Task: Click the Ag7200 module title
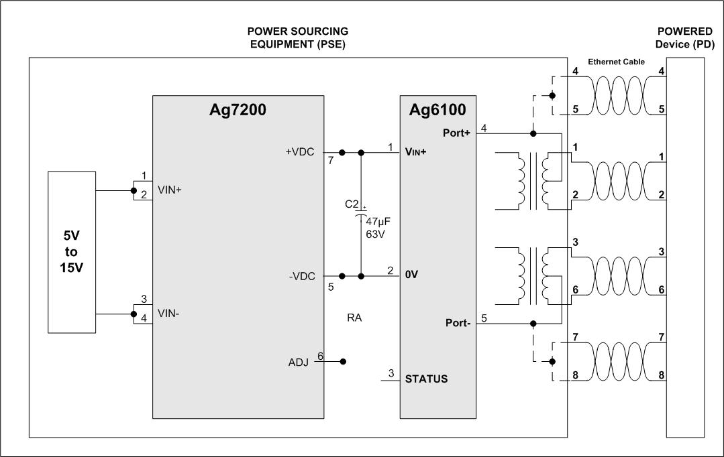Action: point(238,111)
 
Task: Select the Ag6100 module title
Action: point(438,111)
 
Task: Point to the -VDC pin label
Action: point(301,276)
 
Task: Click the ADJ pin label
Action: point(298,363)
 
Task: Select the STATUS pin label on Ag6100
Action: point(426,379)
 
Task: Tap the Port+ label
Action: point(457,133)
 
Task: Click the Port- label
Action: point(458,323)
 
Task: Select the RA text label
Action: point(354,318)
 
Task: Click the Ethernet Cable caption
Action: point(616,62)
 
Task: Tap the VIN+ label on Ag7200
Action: point(170,190)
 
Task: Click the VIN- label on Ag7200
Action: point(169,312)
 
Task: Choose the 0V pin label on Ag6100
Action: point(412,275)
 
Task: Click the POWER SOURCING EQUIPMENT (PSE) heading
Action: point(298,38)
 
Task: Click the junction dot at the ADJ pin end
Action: point(343,361)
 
